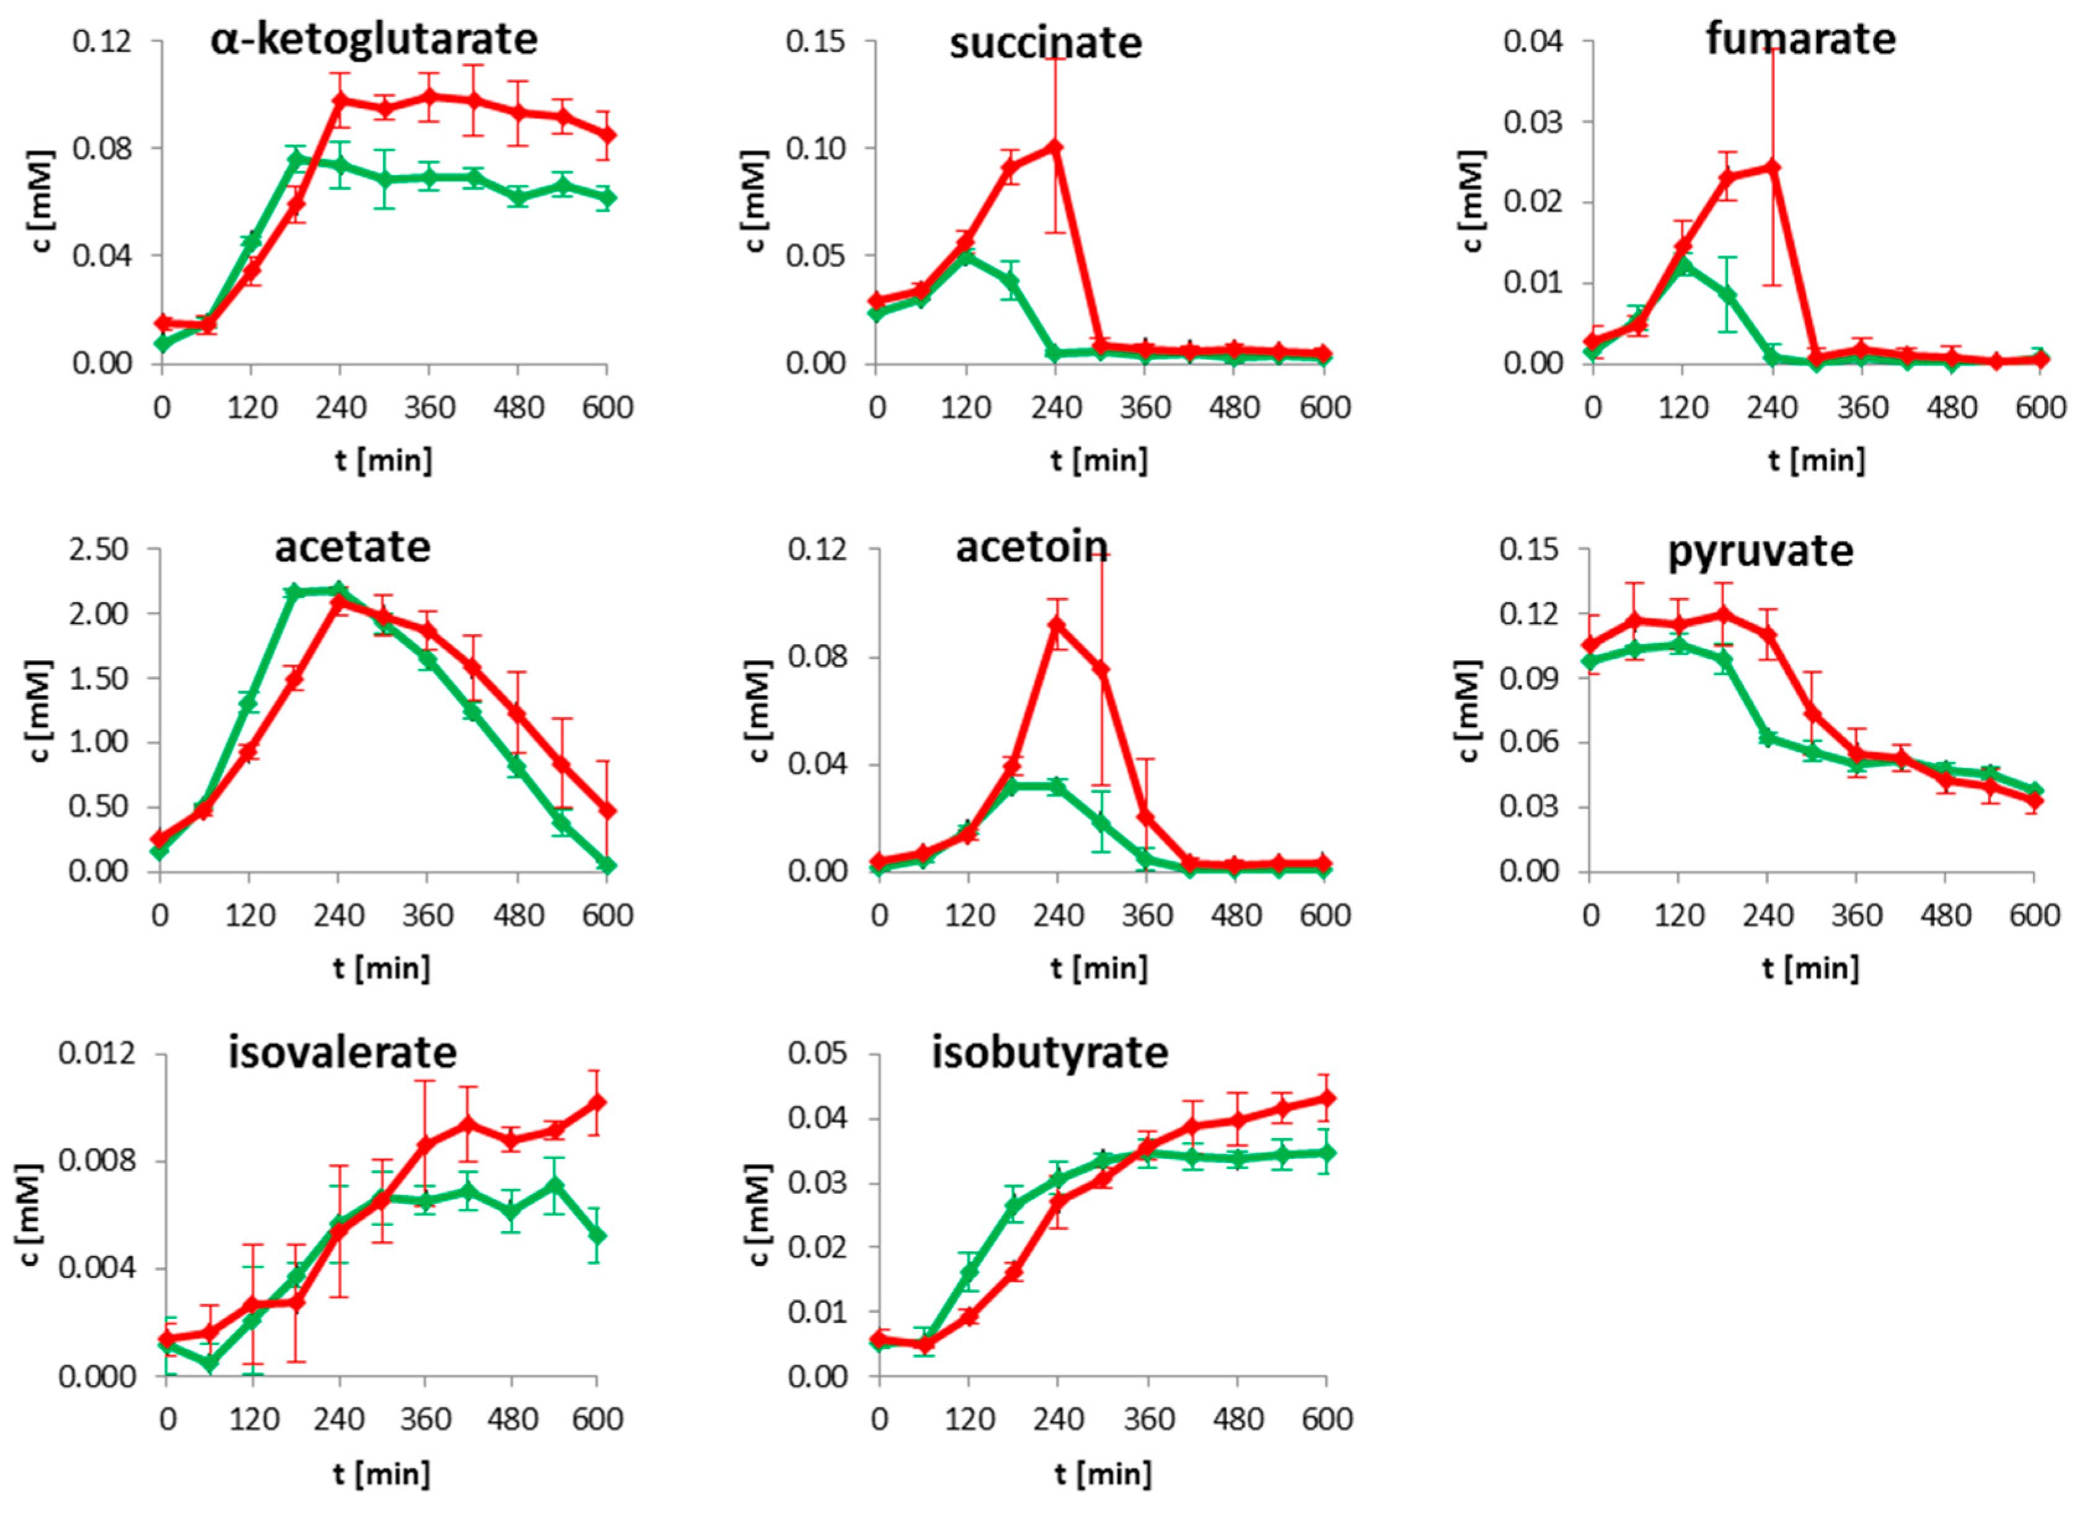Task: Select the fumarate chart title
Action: click(1800, 40)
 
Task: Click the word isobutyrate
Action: click(1049, 1053)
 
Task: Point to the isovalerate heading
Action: click(342, 1053)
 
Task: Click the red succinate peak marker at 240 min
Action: click(1055, 147)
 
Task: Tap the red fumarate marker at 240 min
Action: click(1773, 167)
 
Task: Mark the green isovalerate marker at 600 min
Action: click(597, 1235)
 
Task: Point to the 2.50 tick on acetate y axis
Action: click(99, 550)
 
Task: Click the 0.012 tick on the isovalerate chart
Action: click(96, 1054)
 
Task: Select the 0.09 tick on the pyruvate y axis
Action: click(1528, 679)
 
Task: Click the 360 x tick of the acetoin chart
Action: click(1147, 915)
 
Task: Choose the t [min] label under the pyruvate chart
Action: click(1810, 968)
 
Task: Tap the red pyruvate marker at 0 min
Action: click(1591, 645)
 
